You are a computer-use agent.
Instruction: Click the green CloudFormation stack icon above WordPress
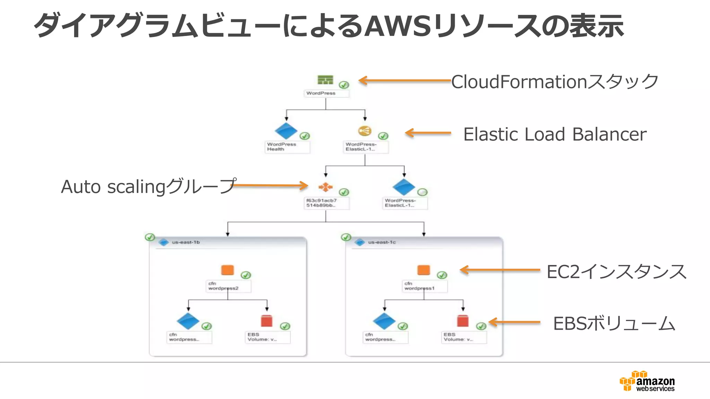[x=325, y=80]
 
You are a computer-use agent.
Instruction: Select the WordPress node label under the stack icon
[x=321, y=93]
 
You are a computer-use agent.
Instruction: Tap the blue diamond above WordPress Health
[x=286, y=131]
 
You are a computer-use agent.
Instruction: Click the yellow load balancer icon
[x=365, y=131]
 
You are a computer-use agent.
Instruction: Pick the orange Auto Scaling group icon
[x=326, y=187]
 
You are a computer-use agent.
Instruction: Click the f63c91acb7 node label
[x=321, y=203]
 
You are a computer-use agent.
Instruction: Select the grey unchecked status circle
[x=422, y=192]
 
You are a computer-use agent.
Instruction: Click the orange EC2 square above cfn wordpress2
[x=227, y=270]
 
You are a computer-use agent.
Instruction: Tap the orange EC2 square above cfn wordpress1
[x=424, y=270]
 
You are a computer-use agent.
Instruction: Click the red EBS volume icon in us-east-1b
[x=267, y=321]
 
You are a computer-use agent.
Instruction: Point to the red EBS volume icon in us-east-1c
[x=463, y=321]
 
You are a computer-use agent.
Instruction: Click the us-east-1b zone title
[x=186, y=242]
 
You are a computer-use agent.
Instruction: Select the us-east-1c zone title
[x=382, y=242]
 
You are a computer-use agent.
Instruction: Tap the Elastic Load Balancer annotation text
[x=555, y=134]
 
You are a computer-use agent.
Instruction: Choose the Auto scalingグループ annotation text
[x=148, y=187]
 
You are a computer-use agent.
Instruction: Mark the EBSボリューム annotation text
[x=614, y=324]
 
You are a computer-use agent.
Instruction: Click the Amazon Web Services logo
[x=647, y=381]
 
